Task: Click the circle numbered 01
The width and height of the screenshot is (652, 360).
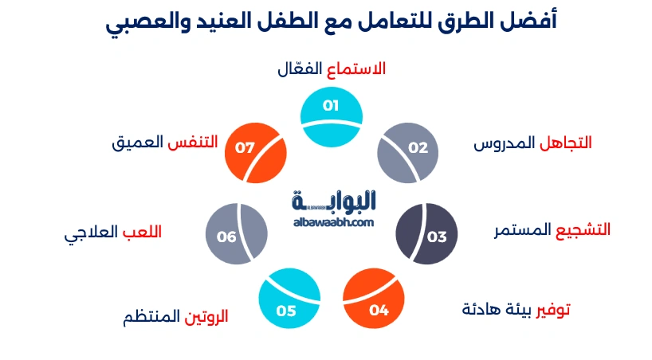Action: click(x=332, y=117)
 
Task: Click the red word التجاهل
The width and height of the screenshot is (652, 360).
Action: click(x=566, y=143)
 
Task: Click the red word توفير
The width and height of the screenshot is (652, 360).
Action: click(x=553, y=309)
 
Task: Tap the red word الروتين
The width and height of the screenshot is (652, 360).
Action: click(x=206, y=316)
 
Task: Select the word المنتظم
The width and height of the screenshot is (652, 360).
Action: click(x=151, y=318)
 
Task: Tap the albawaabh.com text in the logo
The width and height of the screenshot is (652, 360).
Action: click(x=333, y=221)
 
